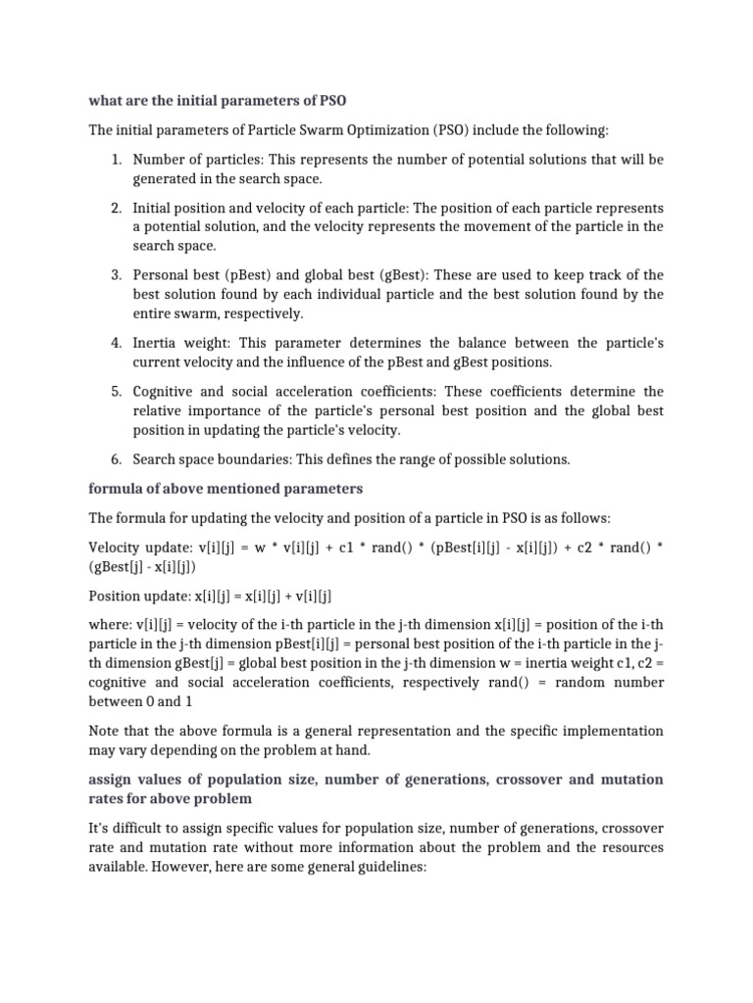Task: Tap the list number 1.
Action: (x=115, y=160)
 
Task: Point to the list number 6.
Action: (x=115, y=459)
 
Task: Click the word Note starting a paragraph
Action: (x=106, y=731)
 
